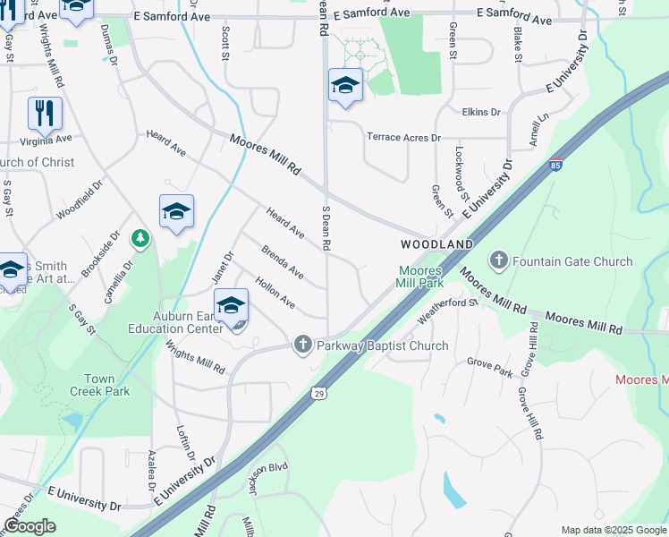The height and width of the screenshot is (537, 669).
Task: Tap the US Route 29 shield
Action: (318, 392)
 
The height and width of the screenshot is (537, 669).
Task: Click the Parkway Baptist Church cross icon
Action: (303, 345)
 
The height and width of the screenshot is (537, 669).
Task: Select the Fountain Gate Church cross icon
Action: (499, 261)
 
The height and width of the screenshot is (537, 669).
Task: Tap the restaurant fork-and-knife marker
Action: (45, 114)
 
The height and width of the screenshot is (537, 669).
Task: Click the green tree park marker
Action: (140, 238)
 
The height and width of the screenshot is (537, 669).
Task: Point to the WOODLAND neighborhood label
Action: (436, 244)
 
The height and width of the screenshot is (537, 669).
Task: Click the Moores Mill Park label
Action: (420, 276)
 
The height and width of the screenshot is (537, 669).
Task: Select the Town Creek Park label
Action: (100, 385)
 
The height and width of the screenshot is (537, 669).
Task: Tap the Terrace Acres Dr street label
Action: (403, 137)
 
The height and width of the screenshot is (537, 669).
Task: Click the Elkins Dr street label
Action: (481, 112)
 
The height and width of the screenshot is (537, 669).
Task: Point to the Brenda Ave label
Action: (282, 260)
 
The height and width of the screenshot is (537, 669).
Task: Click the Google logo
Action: (30, 526)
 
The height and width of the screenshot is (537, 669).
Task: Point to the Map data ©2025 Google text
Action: (613, 530)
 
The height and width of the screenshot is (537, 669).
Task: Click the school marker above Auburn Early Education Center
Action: (231, 306)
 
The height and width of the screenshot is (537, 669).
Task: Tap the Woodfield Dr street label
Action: (80, 202)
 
